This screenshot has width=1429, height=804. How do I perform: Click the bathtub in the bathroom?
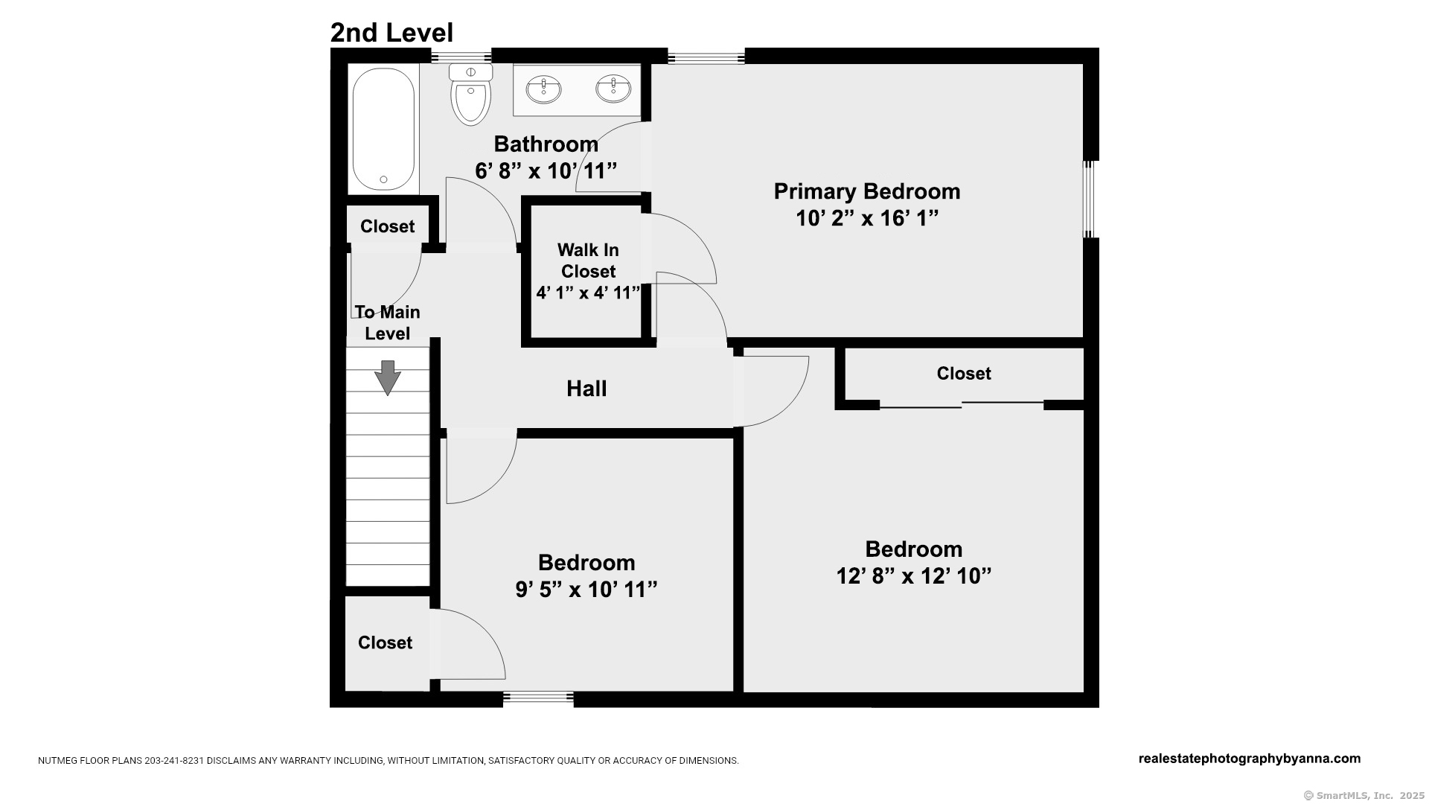coord(383,130)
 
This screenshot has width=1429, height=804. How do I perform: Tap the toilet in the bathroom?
coord(471,94)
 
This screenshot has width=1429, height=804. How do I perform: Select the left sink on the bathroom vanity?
coord(544,89)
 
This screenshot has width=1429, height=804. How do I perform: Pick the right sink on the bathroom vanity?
coord(613,89)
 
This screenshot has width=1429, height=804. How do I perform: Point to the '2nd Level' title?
coord(391,33)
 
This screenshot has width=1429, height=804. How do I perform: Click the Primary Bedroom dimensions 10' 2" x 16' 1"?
coord(867,218)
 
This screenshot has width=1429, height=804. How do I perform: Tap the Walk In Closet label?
coord(588,261)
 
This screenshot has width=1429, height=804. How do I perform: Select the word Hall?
coord(586,389)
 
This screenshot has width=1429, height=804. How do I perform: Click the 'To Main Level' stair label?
coord(387,322)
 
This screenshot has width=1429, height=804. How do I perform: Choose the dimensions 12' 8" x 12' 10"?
coord(914,576)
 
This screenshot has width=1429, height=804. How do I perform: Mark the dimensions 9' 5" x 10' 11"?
coord(586,590)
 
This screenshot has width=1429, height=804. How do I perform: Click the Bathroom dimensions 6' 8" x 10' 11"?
coord(546,171)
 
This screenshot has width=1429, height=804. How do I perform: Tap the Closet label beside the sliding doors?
coord(964,374)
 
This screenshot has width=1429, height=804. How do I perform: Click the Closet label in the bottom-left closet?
coord(385,642)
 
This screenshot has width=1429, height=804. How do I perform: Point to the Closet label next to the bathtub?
coord(387,226)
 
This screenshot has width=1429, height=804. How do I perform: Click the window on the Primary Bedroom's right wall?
coord(1090,200)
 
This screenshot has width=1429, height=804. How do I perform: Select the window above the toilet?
coord(461,56)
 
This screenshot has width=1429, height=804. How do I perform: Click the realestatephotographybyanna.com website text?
coord(1250,759)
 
